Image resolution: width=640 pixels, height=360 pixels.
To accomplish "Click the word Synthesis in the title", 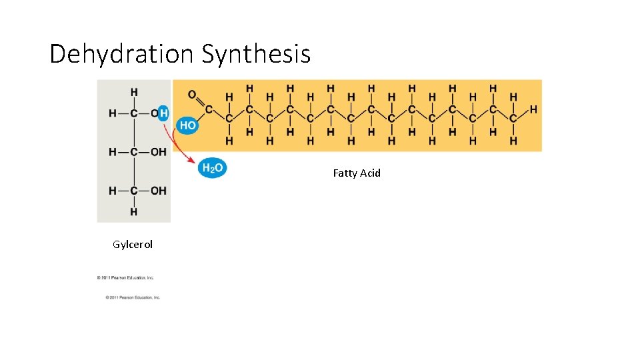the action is tap(256, 53).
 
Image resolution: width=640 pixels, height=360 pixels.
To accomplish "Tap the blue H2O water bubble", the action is tap(213, 169).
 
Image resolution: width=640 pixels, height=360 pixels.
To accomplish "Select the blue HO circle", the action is tap(187, 125).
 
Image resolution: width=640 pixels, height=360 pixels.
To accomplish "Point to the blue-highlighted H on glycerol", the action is tap(163, 113).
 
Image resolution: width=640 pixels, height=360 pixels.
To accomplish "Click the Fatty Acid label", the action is tap(357, 173).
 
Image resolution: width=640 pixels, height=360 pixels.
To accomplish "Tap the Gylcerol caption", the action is tap(133, 245).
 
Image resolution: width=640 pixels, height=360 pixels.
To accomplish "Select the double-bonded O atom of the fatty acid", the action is tap(192, 95).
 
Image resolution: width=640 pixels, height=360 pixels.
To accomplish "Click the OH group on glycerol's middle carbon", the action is tap(158, 152).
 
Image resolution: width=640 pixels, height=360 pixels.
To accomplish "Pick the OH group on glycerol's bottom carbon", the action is tap(158, 191).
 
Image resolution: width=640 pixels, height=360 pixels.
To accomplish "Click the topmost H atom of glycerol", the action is tap(134, 92).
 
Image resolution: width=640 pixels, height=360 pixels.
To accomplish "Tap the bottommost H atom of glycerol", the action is tap(134, 212).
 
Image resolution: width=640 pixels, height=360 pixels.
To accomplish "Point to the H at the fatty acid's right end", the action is tap(533, 109).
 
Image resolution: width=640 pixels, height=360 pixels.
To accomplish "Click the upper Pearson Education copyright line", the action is tap(125, 277).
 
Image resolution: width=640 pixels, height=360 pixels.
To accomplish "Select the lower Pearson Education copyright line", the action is tap(133, 297).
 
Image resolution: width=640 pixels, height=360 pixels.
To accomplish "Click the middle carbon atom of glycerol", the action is tap(134, 152).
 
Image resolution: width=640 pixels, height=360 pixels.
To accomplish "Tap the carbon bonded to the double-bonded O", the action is tap(209, 109).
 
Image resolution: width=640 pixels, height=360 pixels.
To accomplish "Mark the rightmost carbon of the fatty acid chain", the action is tap(513, 119).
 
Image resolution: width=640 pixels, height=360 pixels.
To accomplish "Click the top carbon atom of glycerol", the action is tap(134, 113).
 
